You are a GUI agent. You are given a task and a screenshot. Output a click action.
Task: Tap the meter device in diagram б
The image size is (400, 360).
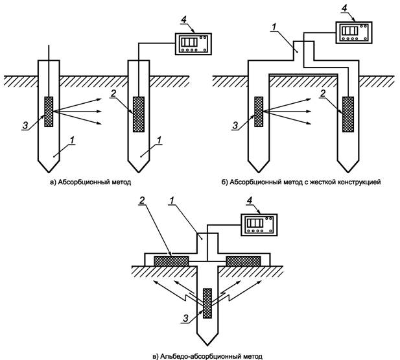[353, 32]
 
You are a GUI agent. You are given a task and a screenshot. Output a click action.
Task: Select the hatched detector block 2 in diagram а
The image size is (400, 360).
[138, 114]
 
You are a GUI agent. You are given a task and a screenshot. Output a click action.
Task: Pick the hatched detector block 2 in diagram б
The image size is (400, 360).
[349, 114]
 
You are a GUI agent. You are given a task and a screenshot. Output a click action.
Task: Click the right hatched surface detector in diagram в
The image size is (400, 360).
[244, 260]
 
